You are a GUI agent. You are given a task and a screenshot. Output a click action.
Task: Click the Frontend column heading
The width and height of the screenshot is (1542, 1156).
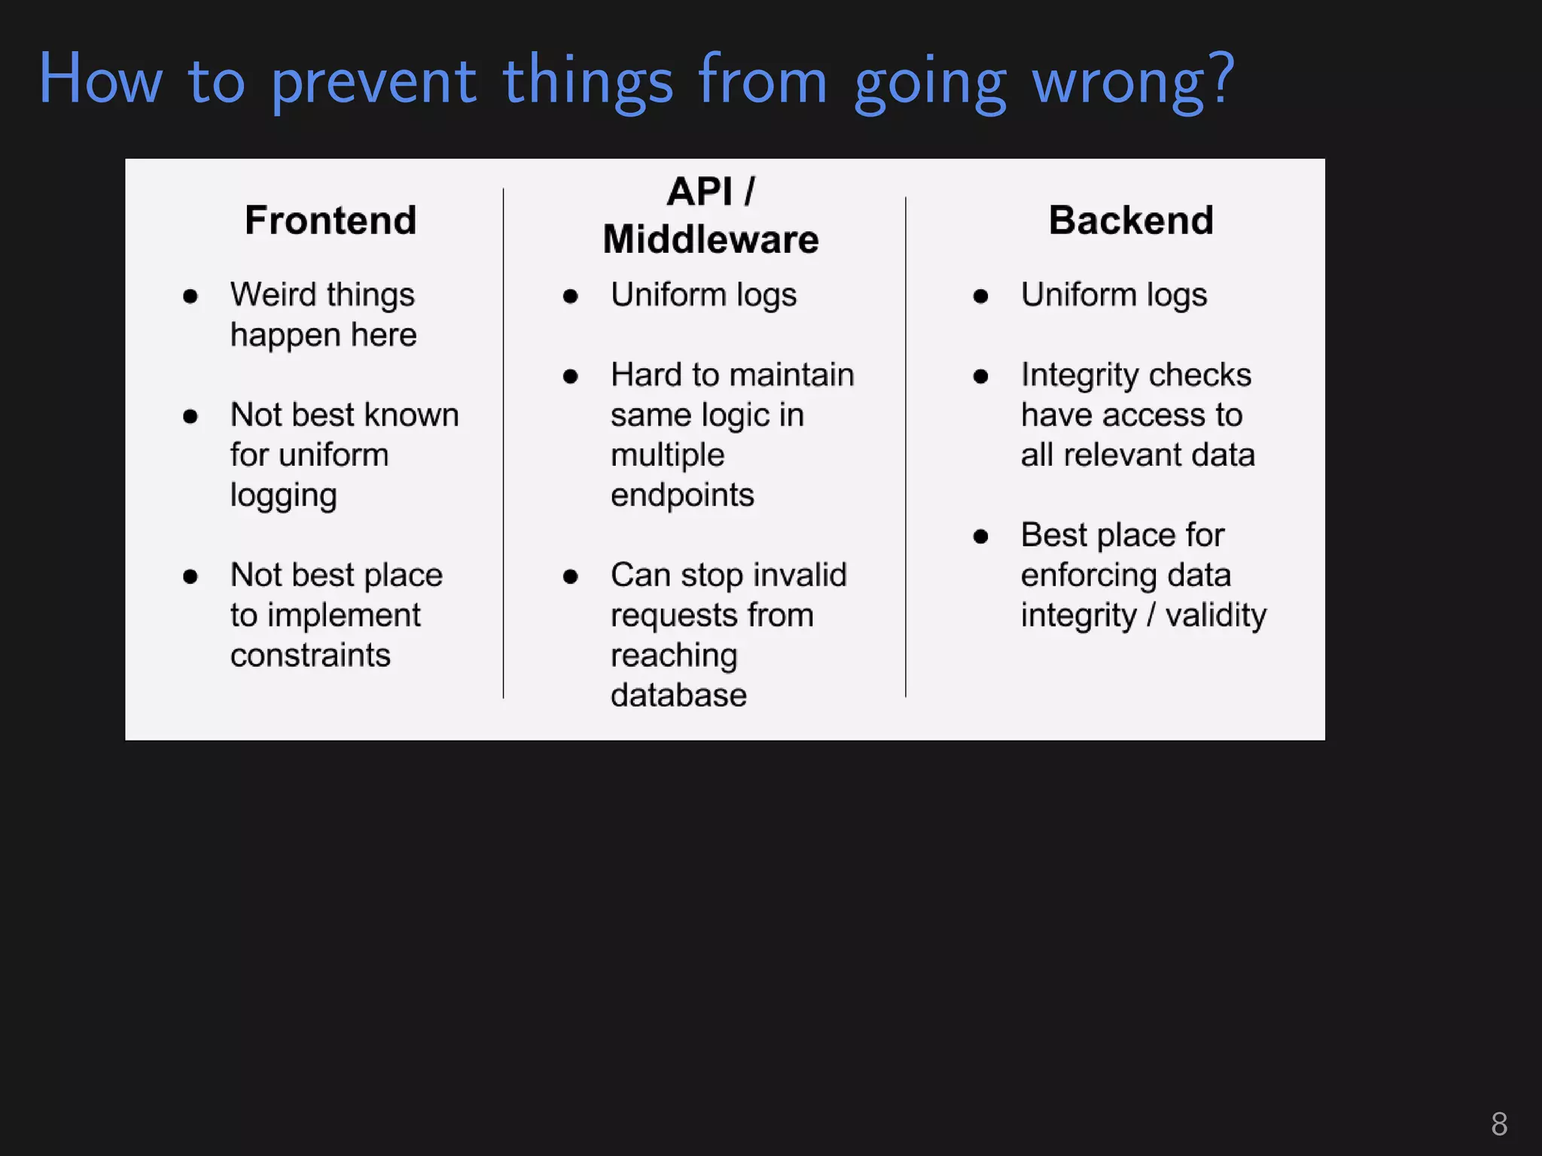[331, 221]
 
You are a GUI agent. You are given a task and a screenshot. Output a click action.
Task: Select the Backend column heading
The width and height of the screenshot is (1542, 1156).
[1131, 221]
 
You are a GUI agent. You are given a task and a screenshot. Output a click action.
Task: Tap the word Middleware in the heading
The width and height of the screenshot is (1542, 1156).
[710, 240]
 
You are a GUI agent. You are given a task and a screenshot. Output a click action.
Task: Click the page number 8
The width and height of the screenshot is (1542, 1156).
[1498, 1124]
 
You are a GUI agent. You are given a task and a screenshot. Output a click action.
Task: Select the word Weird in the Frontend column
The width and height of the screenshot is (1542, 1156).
[273, 294]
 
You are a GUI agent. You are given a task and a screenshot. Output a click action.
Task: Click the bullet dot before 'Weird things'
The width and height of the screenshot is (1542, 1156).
[190, 297]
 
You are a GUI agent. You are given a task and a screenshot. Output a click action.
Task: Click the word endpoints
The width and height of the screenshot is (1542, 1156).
[682, 495]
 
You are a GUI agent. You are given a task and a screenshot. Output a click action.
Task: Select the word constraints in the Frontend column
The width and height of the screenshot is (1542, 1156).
[310, 656]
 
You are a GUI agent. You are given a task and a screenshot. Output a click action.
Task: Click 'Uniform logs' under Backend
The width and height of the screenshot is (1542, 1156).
[1114, 295]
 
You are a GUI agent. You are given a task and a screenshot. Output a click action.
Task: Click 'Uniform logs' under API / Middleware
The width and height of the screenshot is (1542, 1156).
[703, 295]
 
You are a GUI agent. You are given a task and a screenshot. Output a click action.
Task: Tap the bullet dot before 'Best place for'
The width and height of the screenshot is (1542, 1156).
[980, 537]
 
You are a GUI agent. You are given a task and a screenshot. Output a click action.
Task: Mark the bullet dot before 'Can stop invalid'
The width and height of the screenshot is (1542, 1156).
[570, 577]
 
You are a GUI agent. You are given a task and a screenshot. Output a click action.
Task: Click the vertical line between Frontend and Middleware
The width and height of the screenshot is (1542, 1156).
[503, 444]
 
